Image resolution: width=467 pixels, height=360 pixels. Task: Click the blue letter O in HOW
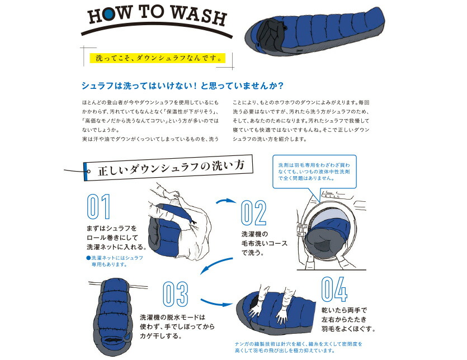pyautogui.click(x=109, y=15)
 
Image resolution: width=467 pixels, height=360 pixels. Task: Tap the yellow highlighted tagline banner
pyautogui.click(x=158, y=58)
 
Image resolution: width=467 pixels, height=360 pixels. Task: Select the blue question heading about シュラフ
pyautogui.click(x=182, y=86)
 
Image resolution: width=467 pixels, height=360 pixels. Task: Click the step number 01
pyautogui.click(x=98, y=207)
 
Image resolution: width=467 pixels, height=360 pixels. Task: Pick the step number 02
pyautogui.click(x=253, y=212)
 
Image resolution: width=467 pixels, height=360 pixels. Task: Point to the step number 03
pyautogui.click(x=176, y=294)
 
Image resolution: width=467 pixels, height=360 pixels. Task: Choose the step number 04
pyautogui.click(x=334, y=289)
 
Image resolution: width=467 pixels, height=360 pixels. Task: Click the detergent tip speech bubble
pyautogui.click(x=314, y=172)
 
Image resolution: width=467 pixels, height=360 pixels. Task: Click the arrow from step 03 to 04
pyautogui.click(x=216, y=302)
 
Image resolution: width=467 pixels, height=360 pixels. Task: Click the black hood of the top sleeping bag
pyautogui.click(x=271, y=33)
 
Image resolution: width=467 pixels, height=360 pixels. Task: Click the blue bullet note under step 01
pyautogui.click(x=115, y=261)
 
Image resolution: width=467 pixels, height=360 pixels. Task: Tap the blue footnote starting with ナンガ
pyautogui.click(x=299, y=347)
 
